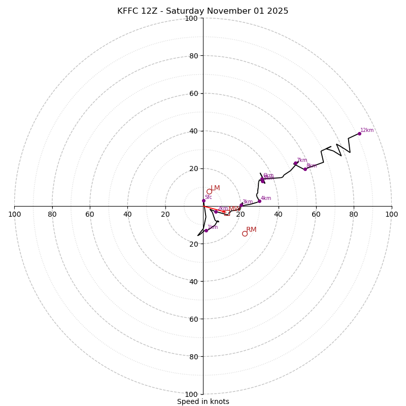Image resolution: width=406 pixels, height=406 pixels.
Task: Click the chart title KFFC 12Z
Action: pyautogui.click(x=202, y=11)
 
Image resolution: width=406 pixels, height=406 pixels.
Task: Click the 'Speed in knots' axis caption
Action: pyautogui.click(x=203, y=401)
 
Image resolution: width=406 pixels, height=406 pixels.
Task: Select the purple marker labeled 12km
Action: pyautogui.click(x=359, y=133)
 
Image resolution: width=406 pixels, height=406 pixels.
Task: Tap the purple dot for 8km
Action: pyautogui.click(x=305, y=169)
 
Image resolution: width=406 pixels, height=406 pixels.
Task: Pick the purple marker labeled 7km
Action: pyautogui.click(x=295, y=163)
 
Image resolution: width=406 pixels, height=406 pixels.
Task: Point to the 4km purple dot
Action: pyautogui.click(x=259, y=201)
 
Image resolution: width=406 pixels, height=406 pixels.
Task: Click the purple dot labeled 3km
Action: pyautogui.click(x=241, y=205)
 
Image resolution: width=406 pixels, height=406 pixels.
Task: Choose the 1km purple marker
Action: pyautogui.click(x=206, y=230)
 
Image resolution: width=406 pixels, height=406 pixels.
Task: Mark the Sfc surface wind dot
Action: pyautogui.click(x=204, y=200)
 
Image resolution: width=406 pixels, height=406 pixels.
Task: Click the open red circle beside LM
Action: pyautogui.click(x=209, y=192)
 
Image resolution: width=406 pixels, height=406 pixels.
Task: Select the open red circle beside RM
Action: pyautogui.click(x=245, y=233)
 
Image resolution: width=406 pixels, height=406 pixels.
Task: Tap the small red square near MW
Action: pyautogui.click(x=227, y=213)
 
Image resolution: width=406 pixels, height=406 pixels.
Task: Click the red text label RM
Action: pyautogui.click(x=251, y=230)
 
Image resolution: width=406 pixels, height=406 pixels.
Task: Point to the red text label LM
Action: pyautogui.click(x=215, y=188)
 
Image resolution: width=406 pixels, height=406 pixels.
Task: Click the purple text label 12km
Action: pyautogui.click(x=367, y=130)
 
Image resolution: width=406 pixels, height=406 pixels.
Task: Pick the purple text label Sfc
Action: pyautogui.click(x=208, y=197)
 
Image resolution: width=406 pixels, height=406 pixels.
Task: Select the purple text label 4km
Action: pyautogui.click(x=266, y=198)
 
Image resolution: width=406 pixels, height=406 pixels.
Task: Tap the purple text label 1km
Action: pyautogui.click(x=213, y=227)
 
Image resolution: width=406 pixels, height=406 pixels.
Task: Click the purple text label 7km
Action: pyautogui.click(x=302, y=160)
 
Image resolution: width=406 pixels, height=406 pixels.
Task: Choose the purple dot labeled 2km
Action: pyautogui.click(x=216, y=212)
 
